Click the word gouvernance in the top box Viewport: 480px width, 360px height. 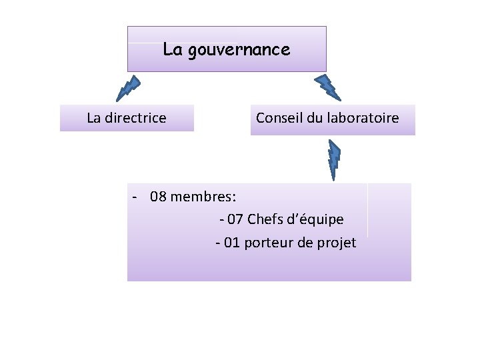click(x=239, y=50)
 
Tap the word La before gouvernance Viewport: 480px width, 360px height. click(x=173, y=49)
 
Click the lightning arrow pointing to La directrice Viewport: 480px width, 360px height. click(x=128, y=87)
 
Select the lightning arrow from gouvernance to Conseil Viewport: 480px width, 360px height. click(x=327, y=87)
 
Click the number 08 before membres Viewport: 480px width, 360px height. click(x=159, y=197)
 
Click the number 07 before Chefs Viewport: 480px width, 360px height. click(x=235, y=219)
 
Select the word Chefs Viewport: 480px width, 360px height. click(x=265, y=219)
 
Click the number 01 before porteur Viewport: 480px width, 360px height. click(x=231, y=243)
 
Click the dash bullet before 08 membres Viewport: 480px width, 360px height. click(x=135, y=197)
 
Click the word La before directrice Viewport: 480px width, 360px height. click(x=94, y=119)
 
